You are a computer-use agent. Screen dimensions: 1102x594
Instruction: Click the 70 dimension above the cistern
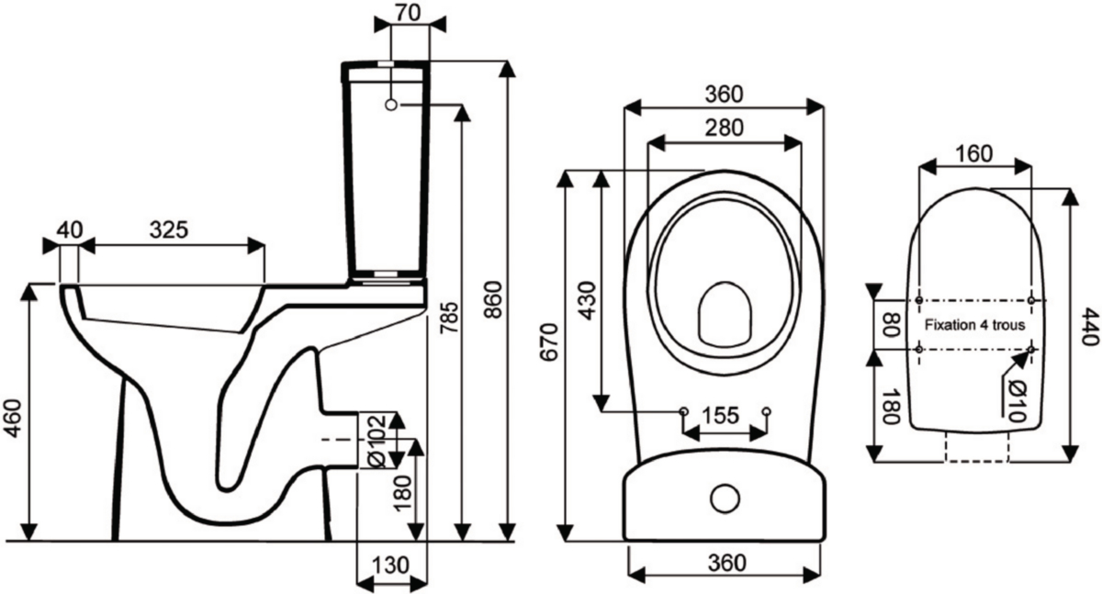coord(409,13)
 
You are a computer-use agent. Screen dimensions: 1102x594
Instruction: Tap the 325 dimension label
coord(169,230)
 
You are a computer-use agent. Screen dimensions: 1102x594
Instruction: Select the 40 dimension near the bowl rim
coord(70,230)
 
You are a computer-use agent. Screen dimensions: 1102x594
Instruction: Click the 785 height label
coord(449,319)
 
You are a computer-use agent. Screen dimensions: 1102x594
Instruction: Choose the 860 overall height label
coord(492,299)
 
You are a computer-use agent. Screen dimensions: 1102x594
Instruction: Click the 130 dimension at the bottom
coord(390,565)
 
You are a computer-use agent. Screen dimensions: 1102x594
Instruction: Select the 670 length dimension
coord(549,342)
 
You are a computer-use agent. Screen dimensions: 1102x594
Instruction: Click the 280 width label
coord(724,128)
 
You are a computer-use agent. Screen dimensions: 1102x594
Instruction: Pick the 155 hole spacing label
coord(720,416)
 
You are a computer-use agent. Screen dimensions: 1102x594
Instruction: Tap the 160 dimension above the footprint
coord(974,154)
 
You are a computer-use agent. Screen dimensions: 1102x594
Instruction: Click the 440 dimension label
coord(1090,327)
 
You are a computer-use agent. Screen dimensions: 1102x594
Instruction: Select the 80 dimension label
coord(891,324)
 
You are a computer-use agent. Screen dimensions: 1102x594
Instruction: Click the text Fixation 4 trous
coord(974,325)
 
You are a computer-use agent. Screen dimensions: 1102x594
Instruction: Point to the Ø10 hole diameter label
coord(1017,400)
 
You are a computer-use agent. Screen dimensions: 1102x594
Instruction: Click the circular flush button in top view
coord(725,498)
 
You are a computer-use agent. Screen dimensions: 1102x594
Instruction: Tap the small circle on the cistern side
coord(391,105)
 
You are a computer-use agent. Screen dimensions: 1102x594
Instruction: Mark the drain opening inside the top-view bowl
coord(725,313)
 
